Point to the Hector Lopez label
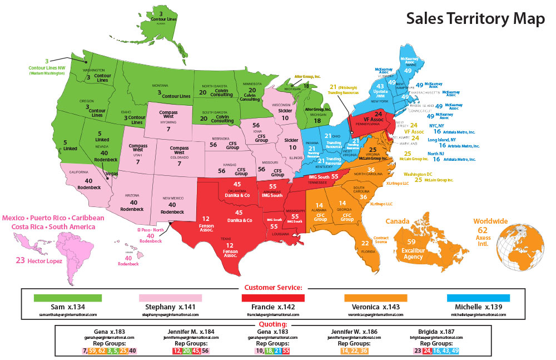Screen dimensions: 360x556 click(39, 259)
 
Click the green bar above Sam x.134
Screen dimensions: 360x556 click(68, 298)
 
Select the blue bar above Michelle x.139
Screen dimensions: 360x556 click(478, 298)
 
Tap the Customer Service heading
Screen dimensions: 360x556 click(273, 288)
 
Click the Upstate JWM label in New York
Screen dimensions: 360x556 click(380, 93)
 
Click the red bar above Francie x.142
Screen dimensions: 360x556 click(272, 298)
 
